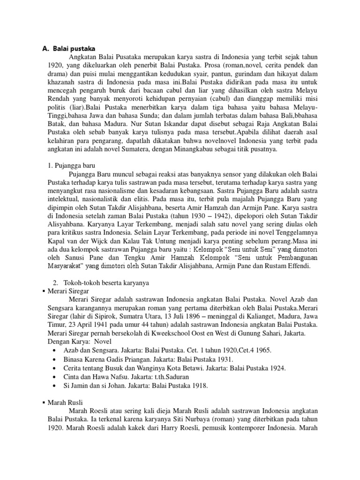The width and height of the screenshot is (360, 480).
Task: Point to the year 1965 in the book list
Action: (x=262, y=351)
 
